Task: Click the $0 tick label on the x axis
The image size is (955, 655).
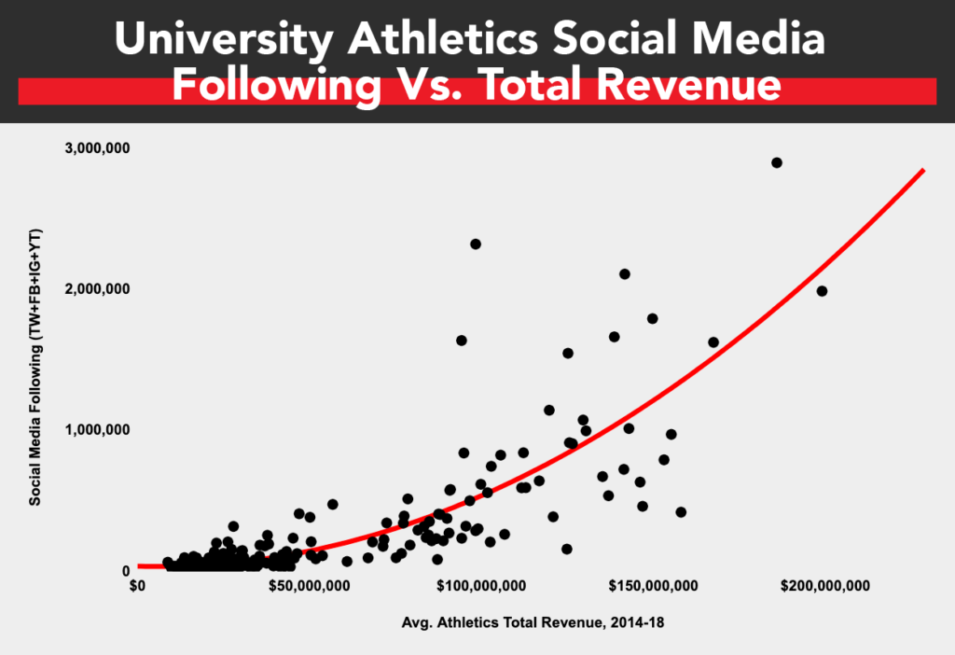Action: pos(138,587)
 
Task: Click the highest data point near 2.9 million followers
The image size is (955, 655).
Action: pos(777,162)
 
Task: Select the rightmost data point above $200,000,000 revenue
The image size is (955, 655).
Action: pos(822,291)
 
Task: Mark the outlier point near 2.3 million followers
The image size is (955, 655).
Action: pos(476,244)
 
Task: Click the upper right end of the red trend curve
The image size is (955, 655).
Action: pos(922,171)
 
